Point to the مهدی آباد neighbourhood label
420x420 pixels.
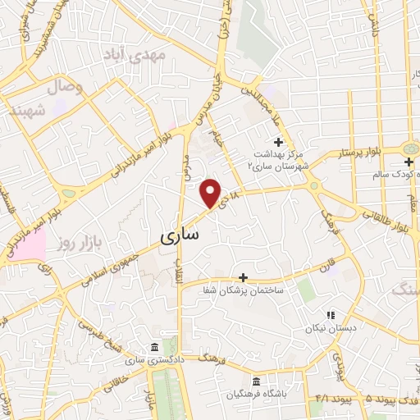135,55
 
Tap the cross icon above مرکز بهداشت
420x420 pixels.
278,120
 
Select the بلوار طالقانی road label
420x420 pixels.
387,217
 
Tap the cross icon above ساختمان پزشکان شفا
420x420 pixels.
243,279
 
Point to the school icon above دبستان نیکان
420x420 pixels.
331,315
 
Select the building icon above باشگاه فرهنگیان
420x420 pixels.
258,382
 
